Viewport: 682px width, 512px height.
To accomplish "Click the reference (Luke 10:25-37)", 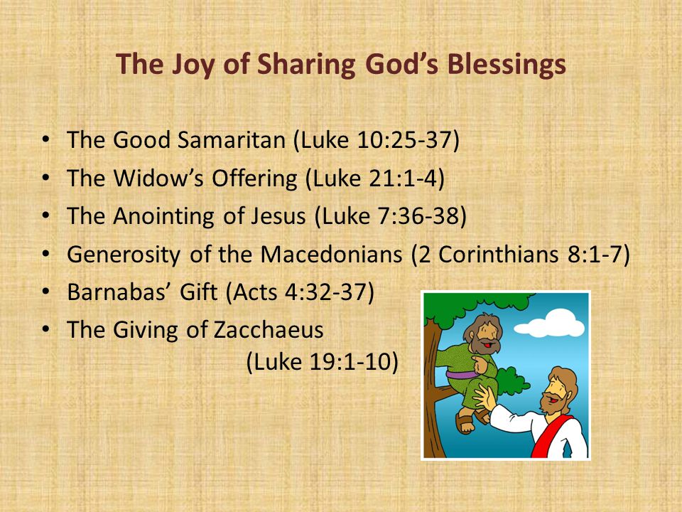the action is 377,140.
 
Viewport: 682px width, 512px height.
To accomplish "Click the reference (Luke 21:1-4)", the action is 375,178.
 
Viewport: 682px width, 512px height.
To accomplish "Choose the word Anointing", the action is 163,216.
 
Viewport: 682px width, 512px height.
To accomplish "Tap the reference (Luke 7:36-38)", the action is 390,216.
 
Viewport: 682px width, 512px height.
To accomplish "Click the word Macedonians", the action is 332,255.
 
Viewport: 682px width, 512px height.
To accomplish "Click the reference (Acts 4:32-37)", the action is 300,292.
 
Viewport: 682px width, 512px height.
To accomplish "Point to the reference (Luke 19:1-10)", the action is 323,362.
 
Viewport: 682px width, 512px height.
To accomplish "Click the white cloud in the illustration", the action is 550,324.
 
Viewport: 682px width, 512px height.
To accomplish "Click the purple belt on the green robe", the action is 462,375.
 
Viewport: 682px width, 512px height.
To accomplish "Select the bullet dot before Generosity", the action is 46,255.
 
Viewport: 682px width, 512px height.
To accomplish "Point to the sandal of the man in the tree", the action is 465,422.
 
